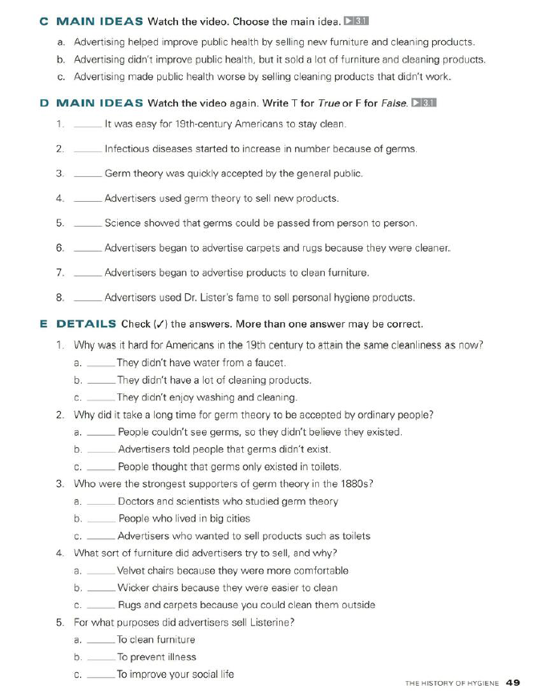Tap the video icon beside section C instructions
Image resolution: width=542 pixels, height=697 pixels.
pyautogui.click(x=355, y=21)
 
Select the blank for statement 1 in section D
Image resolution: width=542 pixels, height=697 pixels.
pyautogui.click(x=87, y=126)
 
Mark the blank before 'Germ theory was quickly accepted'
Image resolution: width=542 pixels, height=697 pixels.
pyautogui.click(x=87, y=175)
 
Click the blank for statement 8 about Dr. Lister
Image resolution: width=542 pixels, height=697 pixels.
pyautogui.click(x=87, y=300)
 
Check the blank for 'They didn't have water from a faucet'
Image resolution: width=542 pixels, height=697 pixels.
pyautogui.click(x=100, y=365)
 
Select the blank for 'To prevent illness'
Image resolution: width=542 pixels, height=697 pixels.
pyautogui.click(x=100, y=659)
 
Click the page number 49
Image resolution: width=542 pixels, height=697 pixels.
pyautogui.click(x=513, y=683)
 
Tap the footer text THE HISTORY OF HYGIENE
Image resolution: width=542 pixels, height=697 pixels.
pyautogui.click(x=451, y=683)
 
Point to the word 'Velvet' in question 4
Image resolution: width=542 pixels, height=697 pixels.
pyautogui.click(x=131, y=571)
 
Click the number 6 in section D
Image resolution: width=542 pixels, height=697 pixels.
pyautogui.click(x=60, y=248)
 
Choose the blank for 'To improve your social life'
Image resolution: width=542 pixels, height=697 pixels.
pyautogui.click(x=100, y=676)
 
